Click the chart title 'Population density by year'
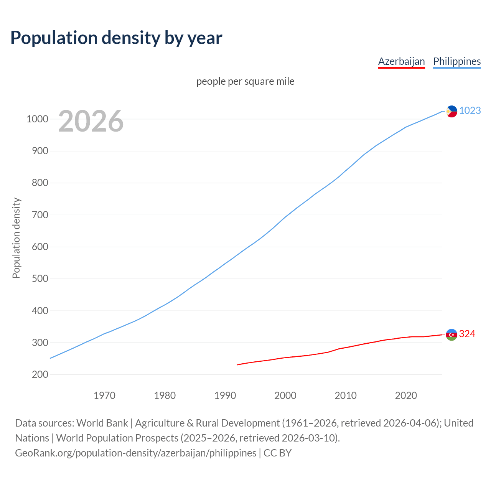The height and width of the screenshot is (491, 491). (x=116, y=38)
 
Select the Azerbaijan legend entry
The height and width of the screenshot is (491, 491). (x=401, y=61)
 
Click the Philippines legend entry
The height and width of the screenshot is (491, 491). (x=457, y=61)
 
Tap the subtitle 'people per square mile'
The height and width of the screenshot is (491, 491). (x=245, y=81)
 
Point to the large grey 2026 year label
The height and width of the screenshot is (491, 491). (x=91, y=121)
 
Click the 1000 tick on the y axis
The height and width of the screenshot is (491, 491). (x=37, y=119)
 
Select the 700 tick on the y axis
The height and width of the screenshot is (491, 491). (x=40, y=215)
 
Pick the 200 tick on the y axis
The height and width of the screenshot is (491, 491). (x=40, y=374)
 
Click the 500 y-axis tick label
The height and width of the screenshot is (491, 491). (x=40, y=278)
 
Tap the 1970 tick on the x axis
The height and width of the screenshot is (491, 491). (x=104, y=395)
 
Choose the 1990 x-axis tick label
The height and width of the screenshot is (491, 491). (x=225, y=395)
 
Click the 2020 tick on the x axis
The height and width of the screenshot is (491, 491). (x=406, y=395)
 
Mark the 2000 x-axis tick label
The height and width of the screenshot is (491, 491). (x=285, y=395)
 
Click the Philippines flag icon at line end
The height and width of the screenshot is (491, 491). (x=451, y=111)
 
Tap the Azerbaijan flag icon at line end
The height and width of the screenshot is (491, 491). (x=451, y=334)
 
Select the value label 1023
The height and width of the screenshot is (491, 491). (x=470, y=110)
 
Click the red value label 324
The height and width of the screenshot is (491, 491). (x=467, y=334)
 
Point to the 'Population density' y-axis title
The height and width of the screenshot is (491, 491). (x=16, y=238)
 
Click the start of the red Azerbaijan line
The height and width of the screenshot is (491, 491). (x=237, y=364)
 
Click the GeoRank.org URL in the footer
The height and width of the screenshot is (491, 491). (x=135, y=453)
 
